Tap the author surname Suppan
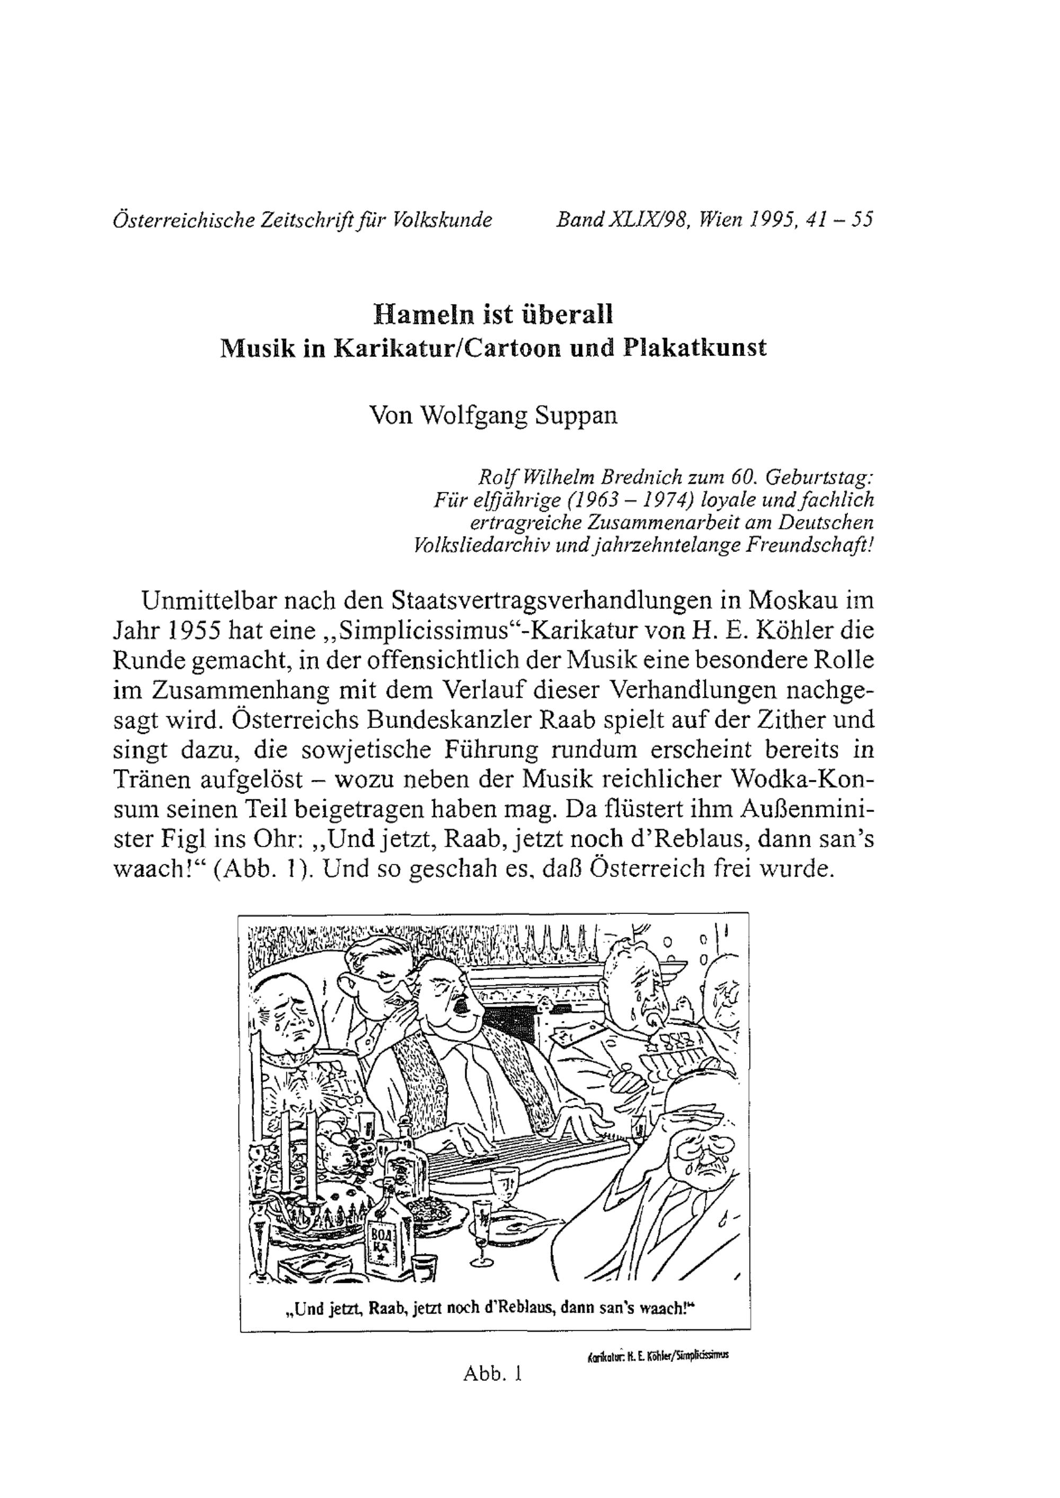click(576, 415)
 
